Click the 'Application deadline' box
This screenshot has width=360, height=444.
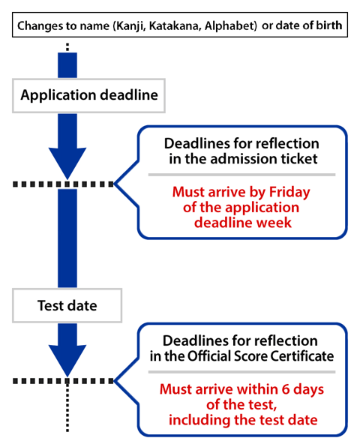[x=91, y=95]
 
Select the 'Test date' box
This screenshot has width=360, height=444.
[x=67, y=305]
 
